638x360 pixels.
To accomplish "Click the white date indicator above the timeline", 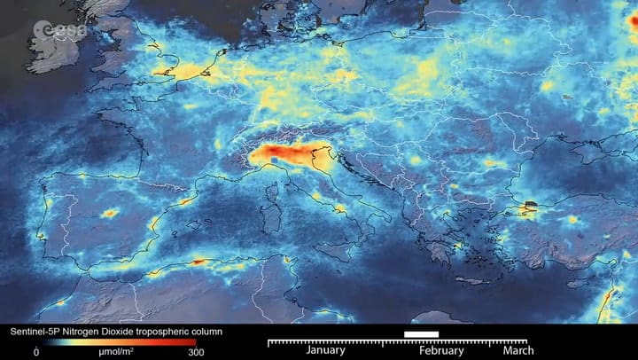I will coord(421,333).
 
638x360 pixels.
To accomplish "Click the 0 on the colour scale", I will coord(36,352).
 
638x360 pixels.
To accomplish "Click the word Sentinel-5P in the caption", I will coord(34,332).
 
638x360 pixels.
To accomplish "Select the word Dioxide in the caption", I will coord(121,332).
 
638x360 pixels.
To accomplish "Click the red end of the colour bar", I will coord(191,341).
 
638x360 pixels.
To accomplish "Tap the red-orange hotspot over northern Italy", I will coord(284,156).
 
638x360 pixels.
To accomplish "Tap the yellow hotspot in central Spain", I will coord(110,213).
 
